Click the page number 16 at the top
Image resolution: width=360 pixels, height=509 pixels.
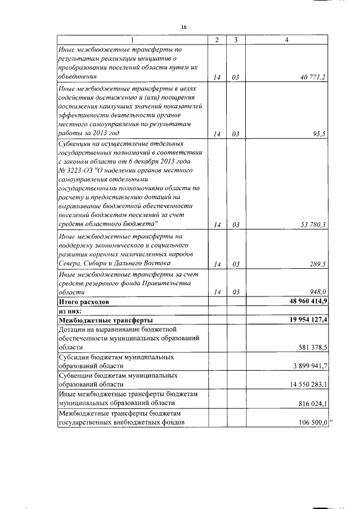click(x=183, y=27)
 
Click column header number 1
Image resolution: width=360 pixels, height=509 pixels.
click(x=133, y=40)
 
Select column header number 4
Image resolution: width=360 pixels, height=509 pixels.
click(x=287, y=40)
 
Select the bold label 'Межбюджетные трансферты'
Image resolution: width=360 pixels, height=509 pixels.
click(x=98, y=319)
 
